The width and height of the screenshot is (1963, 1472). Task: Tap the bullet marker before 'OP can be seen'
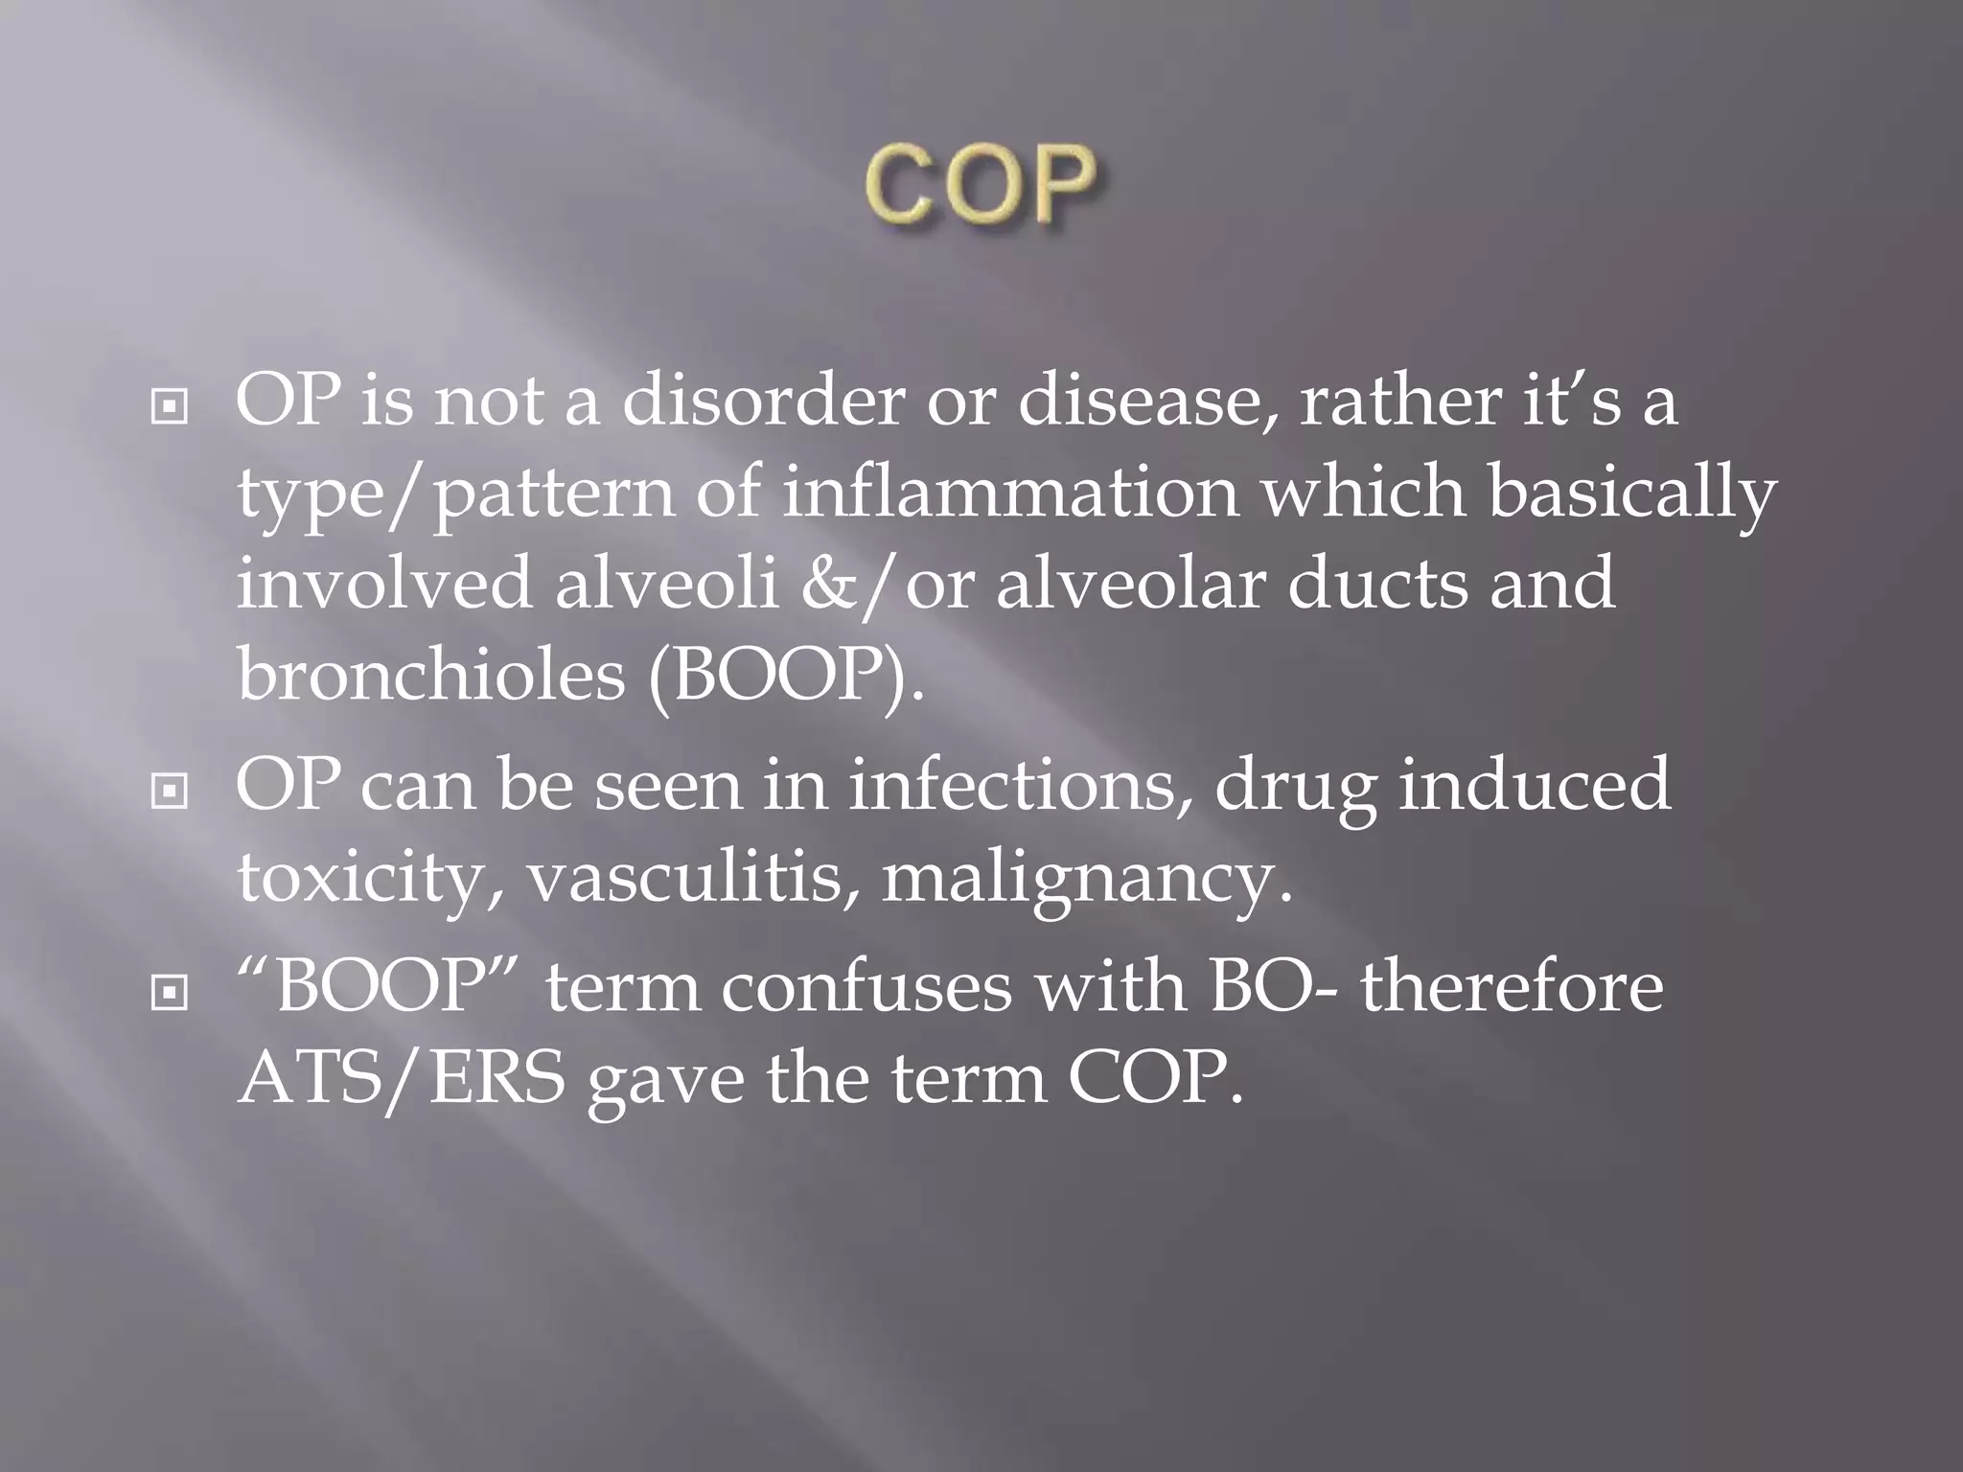click(170, 792)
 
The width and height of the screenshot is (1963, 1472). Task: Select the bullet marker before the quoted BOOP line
click(170, 993)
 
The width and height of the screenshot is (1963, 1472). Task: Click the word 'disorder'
click(763, 401)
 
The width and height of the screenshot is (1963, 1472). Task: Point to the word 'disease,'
click(1146, 401)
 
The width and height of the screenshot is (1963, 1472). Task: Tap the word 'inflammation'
click(1010, 493)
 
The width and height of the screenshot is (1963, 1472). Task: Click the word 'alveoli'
click(666, 585)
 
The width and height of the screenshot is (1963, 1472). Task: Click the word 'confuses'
click(866, 987)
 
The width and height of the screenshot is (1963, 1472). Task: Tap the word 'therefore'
click(1512, 987)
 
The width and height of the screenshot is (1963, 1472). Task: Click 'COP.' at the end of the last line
click(1155, 1079)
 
